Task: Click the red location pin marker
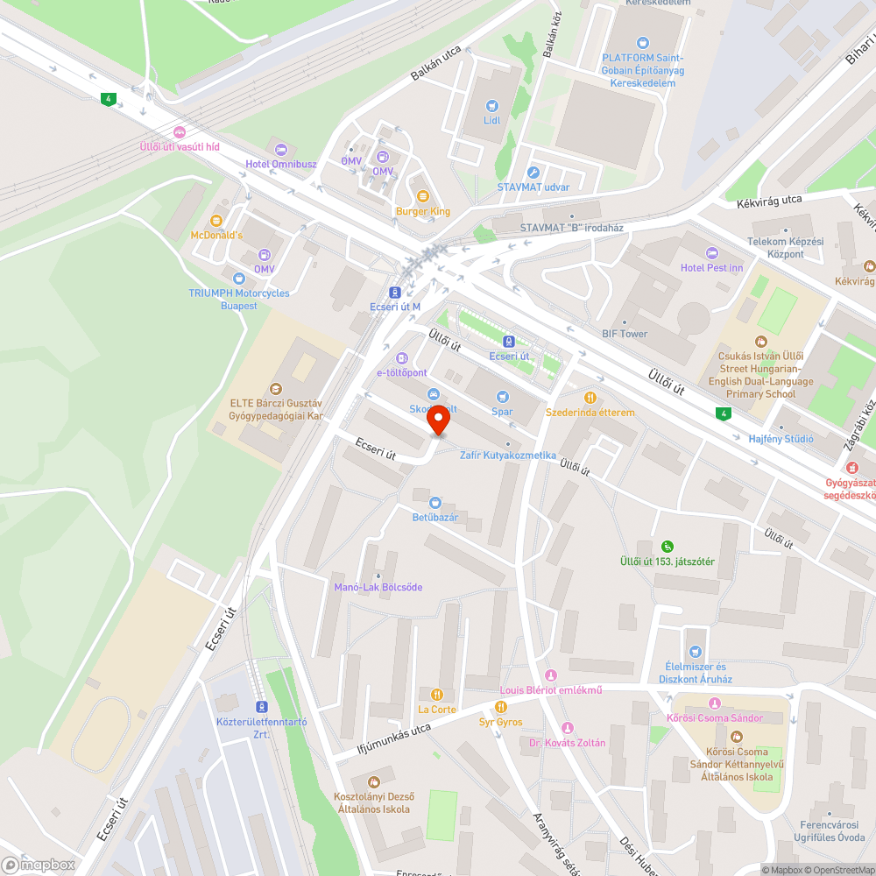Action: [x=438, y=422]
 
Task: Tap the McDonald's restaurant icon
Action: [x=216, y=221]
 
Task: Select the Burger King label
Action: [x=422, y=211]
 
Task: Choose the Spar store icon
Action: [x=502, y=397]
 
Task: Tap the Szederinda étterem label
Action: [x=590, y=412]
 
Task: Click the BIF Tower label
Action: [x=624, y=334]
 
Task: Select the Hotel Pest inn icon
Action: [x=711, y=252]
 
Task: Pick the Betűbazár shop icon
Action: [x=435, y=503]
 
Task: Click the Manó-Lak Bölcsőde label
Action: [x=378, y=587]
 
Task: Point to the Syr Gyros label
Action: [x=500, y=722]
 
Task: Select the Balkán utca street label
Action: [x=435, y=64]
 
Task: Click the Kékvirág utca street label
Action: [x=769, y=201]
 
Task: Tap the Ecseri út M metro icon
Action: [x=395, y=293]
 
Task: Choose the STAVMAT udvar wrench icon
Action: [x=533, y=173]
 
